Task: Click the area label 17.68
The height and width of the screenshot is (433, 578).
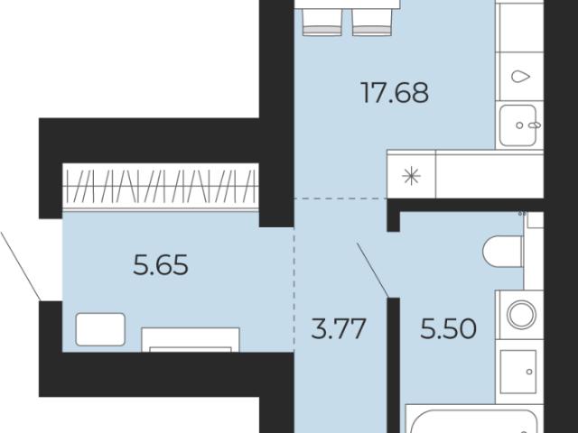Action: pos(395,93)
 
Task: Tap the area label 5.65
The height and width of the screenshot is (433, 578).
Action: pos(161,265)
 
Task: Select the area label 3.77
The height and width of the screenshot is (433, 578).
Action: pos(339,328)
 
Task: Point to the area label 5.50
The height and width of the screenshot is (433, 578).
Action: pos(448,328)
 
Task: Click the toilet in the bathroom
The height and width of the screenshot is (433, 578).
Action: pos(502,251)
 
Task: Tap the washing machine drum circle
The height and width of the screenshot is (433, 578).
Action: pos(521,315)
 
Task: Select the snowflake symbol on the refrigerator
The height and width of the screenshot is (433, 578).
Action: pos(411,176)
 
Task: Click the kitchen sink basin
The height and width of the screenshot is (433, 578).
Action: pos(517,125)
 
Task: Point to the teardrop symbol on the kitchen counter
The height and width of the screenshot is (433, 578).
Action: pos(520,77)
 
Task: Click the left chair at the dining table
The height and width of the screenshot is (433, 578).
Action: pos(322,22)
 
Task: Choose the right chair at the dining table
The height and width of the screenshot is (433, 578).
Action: pos(371,22)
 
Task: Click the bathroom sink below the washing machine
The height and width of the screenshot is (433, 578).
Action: pos(518,372)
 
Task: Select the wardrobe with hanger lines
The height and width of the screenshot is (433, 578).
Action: pos(161,186)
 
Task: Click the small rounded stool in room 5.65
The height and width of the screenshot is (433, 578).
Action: pos(100,329)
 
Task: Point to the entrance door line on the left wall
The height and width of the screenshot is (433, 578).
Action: pos(21,266)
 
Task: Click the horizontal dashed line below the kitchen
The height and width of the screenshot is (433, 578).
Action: pos(340,198)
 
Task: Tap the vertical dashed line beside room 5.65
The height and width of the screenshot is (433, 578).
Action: pos(294,290)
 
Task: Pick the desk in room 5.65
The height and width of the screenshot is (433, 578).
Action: pos(191,340)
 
